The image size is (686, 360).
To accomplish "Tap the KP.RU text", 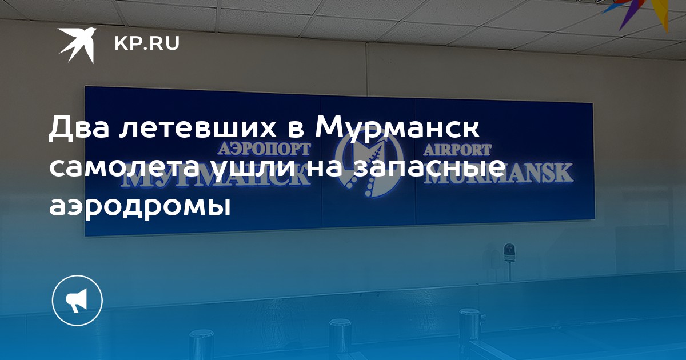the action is click(147, 43).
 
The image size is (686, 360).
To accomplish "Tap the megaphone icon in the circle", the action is click(77, 301).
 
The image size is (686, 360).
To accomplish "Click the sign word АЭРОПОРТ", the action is click(264, 149).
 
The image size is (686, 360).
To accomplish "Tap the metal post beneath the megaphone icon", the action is click(201, 345).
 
